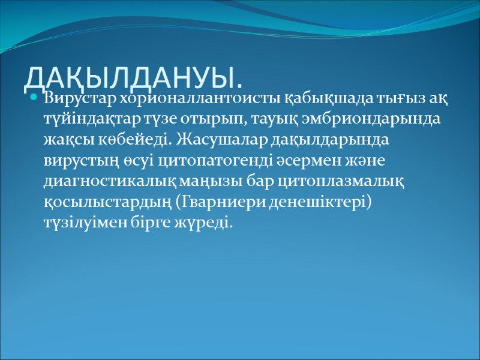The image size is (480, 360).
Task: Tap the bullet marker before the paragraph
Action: (34, 97)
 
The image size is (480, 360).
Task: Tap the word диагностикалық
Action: (100, 181)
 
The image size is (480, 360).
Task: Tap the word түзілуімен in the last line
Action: (82, 223)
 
